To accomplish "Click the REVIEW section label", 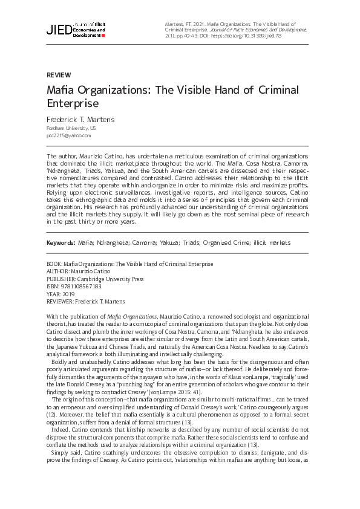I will point(59,76).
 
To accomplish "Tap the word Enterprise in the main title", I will point(73,104).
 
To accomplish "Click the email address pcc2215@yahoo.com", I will point(65,136).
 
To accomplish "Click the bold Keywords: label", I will point(61,242).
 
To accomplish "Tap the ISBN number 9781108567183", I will point(85,287).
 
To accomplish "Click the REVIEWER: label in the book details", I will point(61,301).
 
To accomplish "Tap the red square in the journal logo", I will point(103,36).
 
